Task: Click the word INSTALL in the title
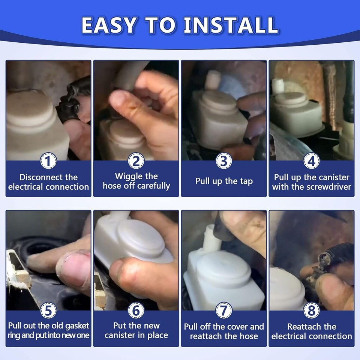pyautogui.click(x=231, y=25)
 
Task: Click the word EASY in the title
pyautogui.click(x=109, y=25)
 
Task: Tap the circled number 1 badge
pyautogui.click(x=48, y=161)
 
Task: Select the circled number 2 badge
pyautogui.click(x=136, y=161)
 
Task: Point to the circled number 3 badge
pyautogui.click(x=223, y=161)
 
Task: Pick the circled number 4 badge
pyautogui.click(x=312, y=161)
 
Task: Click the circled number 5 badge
pyautogui.click(x=48, y=310)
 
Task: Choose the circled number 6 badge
pyautogui.click(x=136, y=310)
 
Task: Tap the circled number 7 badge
pyautogui.click(x=223, y=310)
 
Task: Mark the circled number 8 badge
pyautogui.click(x=312, y=310)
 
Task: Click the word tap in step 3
pyautogui.click(x=247, y=181)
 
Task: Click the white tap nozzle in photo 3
pyautogui.click(x=213, y=80)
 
